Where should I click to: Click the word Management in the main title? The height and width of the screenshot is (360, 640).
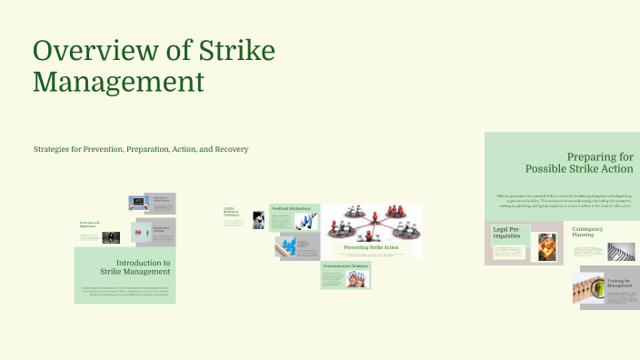pos(119,82)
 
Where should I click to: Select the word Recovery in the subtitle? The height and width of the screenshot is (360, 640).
pos(230,149)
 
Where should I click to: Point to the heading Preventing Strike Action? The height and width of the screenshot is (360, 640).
pos(371,247)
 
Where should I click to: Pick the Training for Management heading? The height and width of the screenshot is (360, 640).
pos(619,284)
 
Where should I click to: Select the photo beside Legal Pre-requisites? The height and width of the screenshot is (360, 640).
pos(546,247)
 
